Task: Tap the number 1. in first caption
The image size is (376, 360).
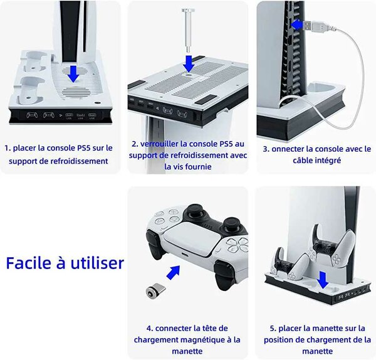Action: tap(8, 149)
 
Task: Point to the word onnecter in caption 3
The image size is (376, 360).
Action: tap(292, 149)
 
